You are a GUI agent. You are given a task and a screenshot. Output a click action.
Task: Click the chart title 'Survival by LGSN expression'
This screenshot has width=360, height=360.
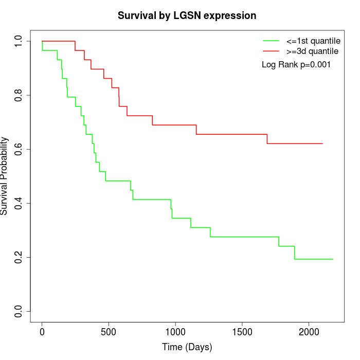[187, 15]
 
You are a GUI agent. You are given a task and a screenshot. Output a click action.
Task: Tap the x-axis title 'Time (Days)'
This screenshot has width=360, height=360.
[187, 347]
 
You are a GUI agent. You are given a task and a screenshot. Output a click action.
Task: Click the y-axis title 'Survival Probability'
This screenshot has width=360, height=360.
[5, 176]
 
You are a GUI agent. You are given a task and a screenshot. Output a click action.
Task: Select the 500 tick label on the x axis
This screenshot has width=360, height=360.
[109, 332]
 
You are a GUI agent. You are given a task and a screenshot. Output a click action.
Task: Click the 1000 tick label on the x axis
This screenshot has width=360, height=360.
[175, 332]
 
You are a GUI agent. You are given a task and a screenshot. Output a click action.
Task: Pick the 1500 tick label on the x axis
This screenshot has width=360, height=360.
[242, 332]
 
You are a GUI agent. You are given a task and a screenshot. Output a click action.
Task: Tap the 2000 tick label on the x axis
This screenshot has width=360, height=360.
[309, 332]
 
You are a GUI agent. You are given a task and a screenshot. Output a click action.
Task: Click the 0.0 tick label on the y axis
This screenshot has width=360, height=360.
[19, 311]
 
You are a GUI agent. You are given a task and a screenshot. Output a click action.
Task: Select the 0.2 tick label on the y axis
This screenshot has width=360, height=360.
[19, 257]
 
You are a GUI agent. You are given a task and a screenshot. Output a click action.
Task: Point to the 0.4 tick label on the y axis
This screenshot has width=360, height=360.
[19, 203]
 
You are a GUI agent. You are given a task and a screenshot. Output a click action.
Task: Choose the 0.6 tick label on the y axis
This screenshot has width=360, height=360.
[19, 149]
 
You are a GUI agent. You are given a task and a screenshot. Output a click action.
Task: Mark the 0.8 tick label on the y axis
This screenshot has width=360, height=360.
[19, 95]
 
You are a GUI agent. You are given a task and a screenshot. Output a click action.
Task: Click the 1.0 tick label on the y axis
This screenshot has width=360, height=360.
[19, 41]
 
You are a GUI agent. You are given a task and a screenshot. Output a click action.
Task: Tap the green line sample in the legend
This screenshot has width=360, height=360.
[271, 41]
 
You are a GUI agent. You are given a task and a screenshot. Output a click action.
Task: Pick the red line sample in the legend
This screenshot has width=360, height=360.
[271, 51]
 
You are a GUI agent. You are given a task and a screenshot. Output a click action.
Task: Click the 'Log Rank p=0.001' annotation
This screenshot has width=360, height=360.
[296, 65]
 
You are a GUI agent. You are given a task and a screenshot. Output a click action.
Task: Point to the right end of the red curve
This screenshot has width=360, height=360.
[322, 143]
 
